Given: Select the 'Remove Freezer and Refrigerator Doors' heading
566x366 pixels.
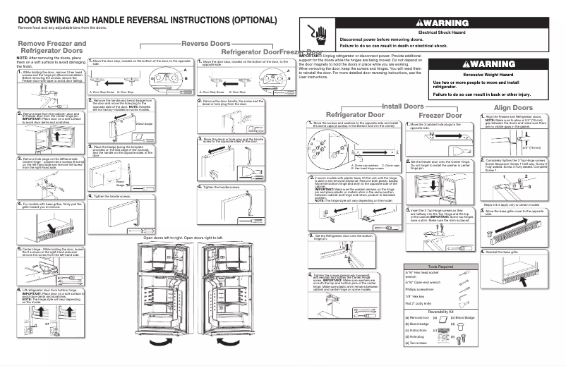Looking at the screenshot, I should point(47,47).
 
